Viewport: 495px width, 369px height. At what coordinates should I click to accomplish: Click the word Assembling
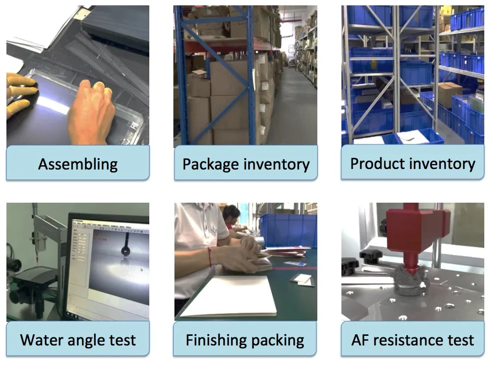78,164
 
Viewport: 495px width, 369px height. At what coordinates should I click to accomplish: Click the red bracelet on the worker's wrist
209,256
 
